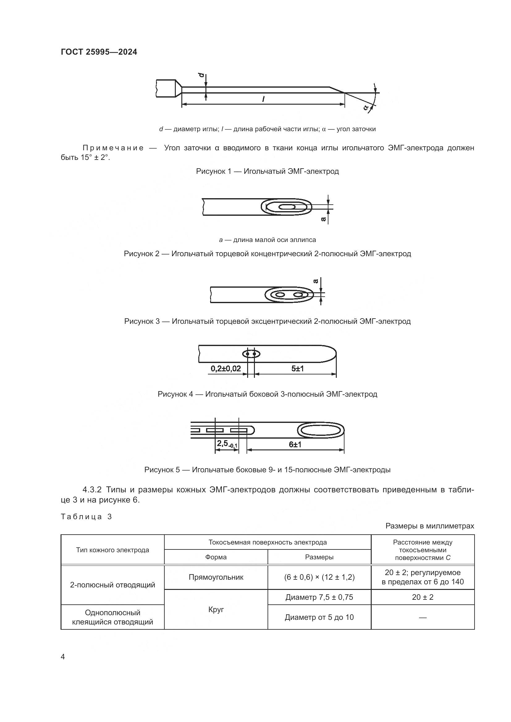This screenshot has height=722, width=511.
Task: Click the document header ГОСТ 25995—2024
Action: [x=99, y=52]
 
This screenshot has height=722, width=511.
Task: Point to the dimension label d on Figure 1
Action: [x=201, y=76]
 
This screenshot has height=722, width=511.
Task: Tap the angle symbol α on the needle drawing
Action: [x=365, y=107]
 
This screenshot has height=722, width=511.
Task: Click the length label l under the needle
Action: [x=263, y=99]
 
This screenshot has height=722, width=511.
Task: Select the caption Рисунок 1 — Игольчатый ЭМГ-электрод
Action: [x=267, y=171]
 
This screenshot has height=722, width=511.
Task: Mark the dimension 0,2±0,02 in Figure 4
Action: [x=225, y=369]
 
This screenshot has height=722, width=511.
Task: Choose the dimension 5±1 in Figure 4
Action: [x=297, y=369]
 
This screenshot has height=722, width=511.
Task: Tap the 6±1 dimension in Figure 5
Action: [x=295, y=444]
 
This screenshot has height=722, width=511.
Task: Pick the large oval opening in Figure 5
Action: [x=321, y=430]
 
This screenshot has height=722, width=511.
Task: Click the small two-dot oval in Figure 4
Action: [x=251, y=354]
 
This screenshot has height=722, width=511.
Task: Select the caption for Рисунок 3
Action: [x=267, y=321]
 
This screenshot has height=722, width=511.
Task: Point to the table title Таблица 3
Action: [x=86, y=517]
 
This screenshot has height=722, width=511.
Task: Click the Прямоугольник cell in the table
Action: [x=216, y=577]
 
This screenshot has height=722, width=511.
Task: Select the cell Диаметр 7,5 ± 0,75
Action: [x=319, y=597]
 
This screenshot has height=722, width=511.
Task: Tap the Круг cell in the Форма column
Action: [x=216, y=609]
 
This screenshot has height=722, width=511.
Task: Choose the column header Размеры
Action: [x=319, y=557]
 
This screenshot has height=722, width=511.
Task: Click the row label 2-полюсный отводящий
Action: [x=112, y=585]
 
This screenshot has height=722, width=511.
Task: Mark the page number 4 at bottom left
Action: [x=63, y=657]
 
